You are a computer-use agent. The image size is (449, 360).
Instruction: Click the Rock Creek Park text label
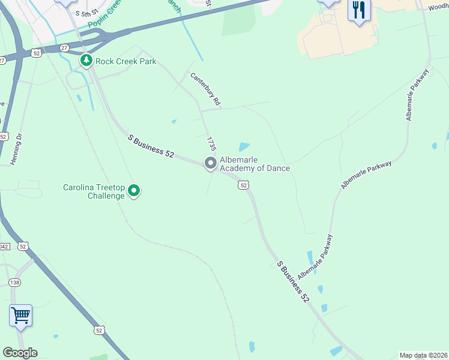pyautogui.click(x=126, y=61)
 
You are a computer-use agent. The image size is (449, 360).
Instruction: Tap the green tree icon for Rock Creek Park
pyautogui.click(x=86, y=61)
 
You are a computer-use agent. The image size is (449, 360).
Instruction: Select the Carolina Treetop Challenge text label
pyautogui.click(x=95, y=191)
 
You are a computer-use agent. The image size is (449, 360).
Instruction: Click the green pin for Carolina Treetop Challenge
pyautogui.click(x=134, y=191)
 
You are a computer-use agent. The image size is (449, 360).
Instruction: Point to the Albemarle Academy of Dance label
pyautogui.click(x=255, y=164)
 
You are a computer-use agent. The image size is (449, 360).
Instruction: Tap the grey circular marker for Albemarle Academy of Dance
pyautogui.click(x=210, y=163)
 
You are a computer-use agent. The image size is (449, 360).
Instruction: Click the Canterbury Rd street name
pyautogui.click(x=206, y=89)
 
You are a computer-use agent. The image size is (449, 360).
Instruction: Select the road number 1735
pyautogui.click(x=211, y=143)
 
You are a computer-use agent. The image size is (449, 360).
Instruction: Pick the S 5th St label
pyautogui.click(x=86, y=13)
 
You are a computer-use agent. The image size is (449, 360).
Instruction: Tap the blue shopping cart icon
pyautogui.click(x=20, y=315)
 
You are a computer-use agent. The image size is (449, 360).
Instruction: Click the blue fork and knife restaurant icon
pyautogui.click(x=360, y=10)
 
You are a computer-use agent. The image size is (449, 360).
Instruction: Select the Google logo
pyautogui.click(x=20, y=352)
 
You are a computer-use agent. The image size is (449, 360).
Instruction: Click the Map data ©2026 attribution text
pyautogui.click(x=423, y=355)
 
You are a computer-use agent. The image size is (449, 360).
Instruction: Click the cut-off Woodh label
pyautogui.click(x=438, y=8)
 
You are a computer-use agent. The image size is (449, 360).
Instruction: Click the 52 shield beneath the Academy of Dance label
pyautogui.click(x=243, y=185)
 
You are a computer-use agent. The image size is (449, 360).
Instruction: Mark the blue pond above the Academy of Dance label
pyautogui.click(x=244, y=146)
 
